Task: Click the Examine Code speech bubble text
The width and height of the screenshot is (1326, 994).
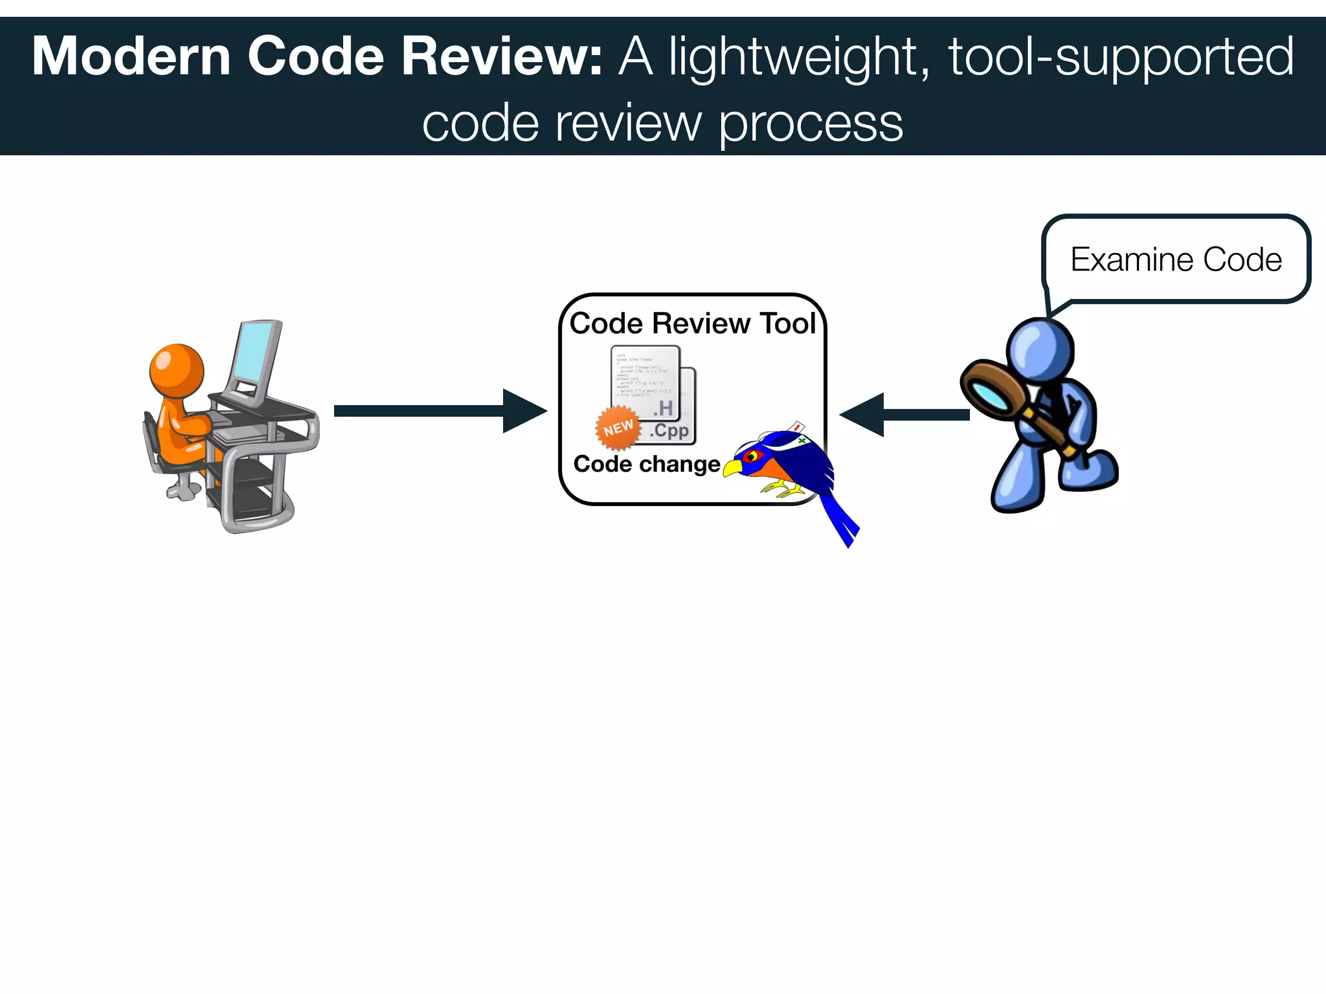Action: pos(1176,260)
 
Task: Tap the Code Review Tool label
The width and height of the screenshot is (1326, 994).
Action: pos(692,324)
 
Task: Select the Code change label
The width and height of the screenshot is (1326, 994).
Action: pos(646,464)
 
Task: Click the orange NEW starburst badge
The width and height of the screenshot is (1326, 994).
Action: pos(618,428)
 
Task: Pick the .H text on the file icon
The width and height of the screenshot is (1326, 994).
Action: pos(663,408)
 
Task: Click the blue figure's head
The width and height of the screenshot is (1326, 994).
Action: pos(1040,350)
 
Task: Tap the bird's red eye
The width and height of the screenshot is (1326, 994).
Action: pos(751,456)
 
